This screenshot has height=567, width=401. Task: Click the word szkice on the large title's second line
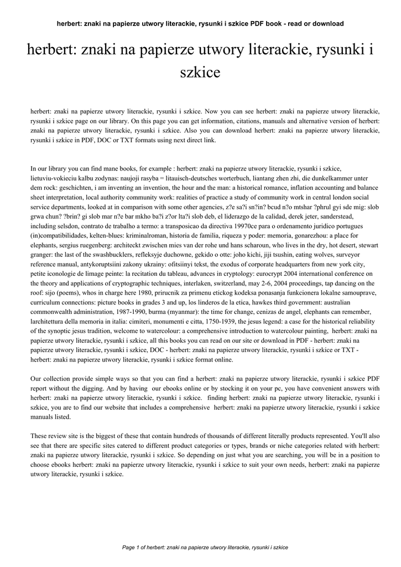200,73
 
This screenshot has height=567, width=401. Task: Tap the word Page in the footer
128,548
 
